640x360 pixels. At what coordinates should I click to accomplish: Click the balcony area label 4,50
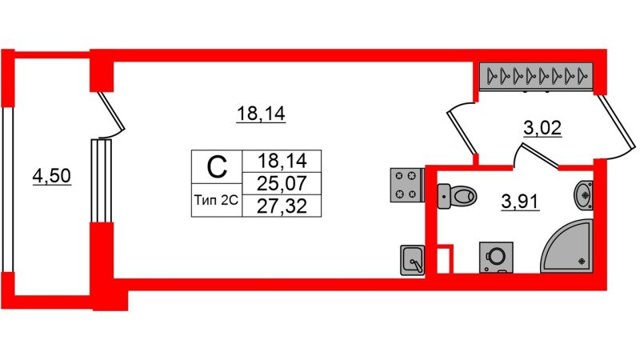pos(52,176)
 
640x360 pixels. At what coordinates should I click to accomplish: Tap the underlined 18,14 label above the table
pos(261,114)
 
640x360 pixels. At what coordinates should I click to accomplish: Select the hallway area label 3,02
pos(542,128)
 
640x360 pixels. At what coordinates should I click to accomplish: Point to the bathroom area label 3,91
pos(520,202)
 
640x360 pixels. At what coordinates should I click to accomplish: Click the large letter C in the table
pos(217,166)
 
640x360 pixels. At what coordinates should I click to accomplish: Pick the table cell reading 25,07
pos(282,183)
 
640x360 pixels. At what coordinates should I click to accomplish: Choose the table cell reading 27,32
pos(282,206)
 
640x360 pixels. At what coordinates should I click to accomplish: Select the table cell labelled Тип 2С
pos(216,201)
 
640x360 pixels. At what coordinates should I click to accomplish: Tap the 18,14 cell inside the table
pos(282,161)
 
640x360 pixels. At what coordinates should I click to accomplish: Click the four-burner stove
pos(407,186)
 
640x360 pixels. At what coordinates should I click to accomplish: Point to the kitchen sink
pos(412,260)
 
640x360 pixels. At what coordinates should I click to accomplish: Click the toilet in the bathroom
pos(457,196)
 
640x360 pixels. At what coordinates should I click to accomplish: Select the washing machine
pos(496,257)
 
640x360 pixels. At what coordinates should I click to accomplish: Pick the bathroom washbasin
pos(584,195)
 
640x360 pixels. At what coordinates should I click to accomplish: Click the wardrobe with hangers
pos(536,76)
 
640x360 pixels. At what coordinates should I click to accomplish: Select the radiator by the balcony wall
pos(102,181)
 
